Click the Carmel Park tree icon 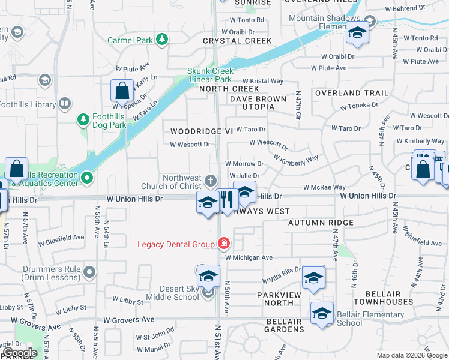(161, 40)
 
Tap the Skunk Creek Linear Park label (209, 75)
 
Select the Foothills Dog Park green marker (83, 121)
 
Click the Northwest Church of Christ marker (210, 180)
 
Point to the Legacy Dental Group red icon (223, 244)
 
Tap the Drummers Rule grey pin (89, 273)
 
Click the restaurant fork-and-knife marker (226, 200)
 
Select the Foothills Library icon (64, 104)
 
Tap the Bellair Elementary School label (362, 319)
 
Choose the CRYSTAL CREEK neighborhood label (237, 41)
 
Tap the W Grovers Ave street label (129, 320)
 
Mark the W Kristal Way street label (263, 80)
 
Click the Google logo (20, 352)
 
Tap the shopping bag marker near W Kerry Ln (122, 91)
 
